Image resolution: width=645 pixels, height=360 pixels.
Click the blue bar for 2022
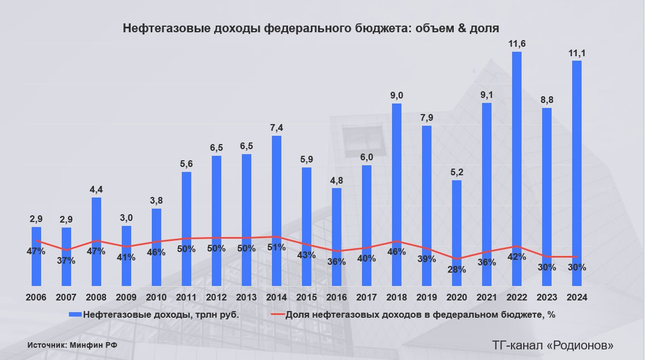click(517, 167)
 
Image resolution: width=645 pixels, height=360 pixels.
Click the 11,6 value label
click(517, 43)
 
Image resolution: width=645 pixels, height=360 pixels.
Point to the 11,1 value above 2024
click(577, 53)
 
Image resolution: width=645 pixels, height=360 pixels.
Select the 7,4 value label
click(276, 128)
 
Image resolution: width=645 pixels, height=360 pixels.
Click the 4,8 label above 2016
click(336, 180)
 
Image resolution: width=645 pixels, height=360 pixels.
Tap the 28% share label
click(457, 269)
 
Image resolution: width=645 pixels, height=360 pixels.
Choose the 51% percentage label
click(276, 247)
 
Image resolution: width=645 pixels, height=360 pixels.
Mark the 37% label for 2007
click(66, 260)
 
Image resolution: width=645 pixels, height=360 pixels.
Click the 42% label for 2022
click(517, 257)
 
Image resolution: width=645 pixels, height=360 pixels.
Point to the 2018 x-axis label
click(396, 298)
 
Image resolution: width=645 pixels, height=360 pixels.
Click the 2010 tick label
click(156, 298)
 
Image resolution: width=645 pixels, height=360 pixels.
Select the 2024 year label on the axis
click(577, 298)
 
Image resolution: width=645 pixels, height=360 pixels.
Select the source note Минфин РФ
click(98, 345)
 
